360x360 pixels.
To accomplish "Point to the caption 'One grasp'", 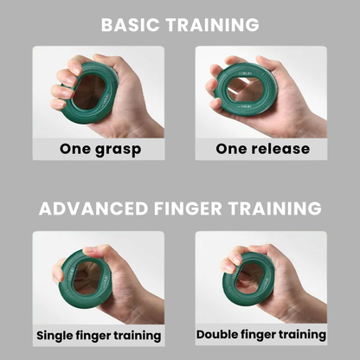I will pos(100,148).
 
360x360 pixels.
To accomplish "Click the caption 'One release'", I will pos(260,148).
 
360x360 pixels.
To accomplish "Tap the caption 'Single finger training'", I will pos(99,334).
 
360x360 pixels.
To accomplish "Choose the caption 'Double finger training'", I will pos(260,334).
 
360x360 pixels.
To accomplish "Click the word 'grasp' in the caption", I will pos(117,149).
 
